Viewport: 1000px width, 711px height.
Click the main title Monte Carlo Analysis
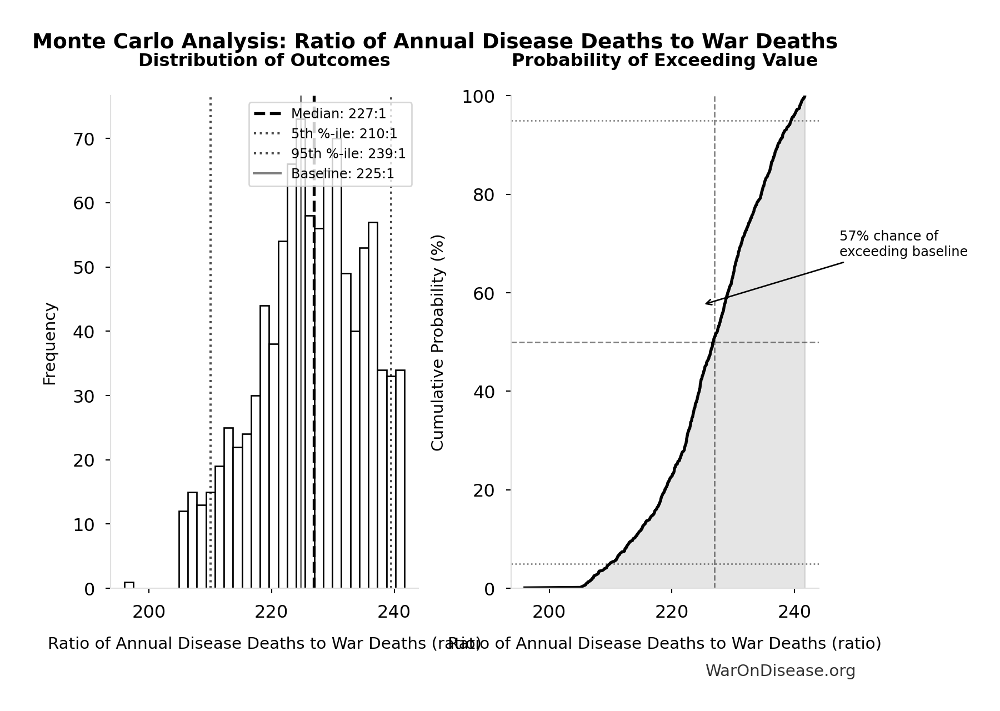pyautogui.click(x=434, y=42)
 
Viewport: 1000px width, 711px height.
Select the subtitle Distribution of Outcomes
pyautogui.click(x=264, y=61)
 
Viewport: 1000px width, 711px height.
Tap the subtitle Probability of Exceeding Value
pyautogui.click(x=664, y=61)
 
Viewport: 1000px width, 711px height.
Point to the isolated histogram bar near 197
pyautogui.click(x=129, y=585)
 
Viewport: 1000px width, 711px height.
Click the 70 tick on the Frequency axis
pyautogui.click(x=84, y=139)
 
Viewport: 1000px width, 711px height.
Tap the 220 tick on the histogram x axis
pyautogui.click(x=271, y=612)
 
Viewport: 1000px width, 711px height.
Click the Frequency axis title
pyautogui.click(x=50, y=343)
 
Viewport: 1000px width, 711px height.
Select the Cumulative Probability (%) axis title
pyautogui.click(x=438, y=342)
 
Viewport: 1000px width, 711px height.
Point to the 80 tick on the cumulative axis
pyautogui.click(x=483, y=195)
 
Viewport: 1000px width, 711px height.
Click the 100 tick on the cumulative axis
pyautogui.click(x=478, y=97)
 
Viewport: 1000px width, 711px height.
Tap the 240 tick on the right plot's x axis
pyautogui.click(x=794, y=612)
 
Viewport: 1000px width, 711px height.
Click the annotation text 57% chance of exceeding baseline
pyautogui.click(x=903, y=244)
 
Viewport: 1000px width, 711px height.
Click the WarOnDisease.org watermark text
pyautogui.click(x=780, y=671)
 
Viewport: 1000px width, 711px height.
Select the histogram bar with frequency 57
pyautogui.click(x=373, y=405)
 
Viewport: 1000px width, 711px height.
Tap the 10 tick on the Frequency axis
pyautogui.click(x=84, y=524)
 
